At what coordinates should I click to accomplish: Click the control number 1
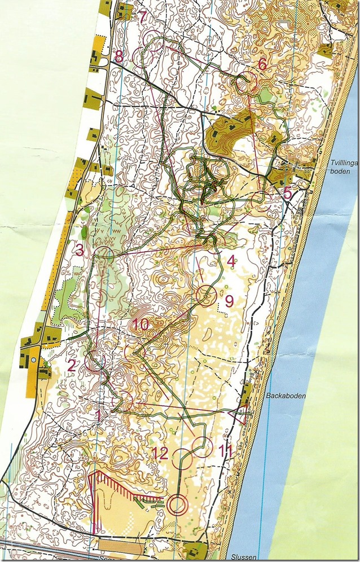pos(99,416)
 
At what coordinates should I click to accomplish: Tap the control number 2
pos(72,365)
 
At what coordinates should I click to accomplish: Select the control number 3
pos(80,250)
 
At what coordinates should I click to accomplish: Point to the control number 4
pos(230,261)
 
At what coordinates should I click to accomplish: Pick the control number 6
pos(262,64)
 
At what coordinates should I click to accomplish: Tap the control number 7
pos(143,16)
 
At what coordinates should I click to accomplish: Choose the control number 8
pos(118,56)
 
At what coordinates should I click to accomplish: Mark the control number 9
pos(229,301)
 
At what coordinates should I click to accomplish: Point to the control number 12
pos(160,452)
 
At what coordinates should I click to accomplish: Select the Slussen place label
pos(244,556)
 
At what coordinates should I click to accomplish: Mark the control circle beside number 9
pos(206,295)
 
